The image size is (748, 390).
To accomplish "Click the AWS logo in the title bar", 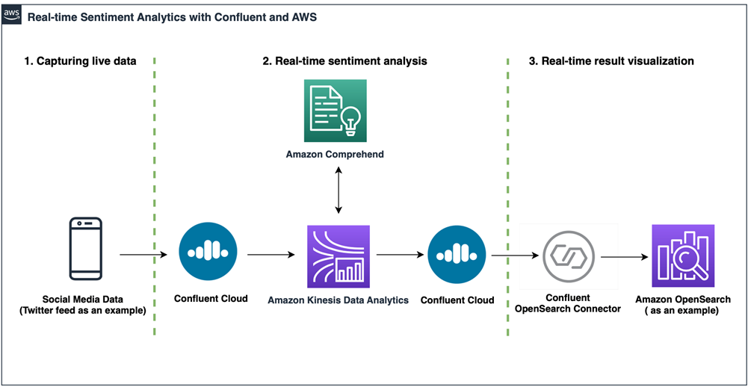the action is tap(11, 15).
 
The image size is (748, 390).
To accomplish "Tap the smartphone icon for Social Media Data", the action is tap(86, 248).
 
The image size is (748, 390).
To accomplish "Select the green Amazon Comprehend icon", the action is tap(336, 111).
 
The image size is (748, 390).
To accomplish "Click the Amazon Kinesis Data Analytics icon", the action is tap(339, 256).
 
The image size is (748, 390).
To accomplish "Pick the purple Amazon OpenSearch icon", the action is tap(683, 256).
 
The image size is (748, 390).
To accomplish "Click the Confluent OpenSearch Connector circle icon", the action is tap(569, 256).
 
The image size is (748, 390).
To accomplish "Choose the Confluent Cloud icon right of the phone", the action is tap(208, 251).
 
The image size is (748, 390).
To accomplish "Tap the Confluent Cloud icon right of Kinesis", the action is tap(457, 255).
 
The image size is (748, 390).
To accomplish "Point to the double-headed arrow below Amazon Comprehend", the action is tap(339, 190).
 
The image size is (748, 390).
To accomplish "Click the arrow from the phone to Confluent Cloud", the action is tap(143, 255).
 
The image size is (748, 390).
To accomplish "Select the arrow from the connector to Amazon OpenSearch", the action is tap(625, 257).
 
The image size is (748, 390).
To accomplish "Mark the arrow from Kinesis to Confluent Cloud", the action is tap(401, 255).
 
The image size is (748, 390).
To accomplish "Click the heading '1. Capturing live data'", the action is tap(80, 61).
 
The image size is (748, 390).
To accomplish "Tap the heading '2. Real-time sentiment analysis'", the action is tap(345, 61).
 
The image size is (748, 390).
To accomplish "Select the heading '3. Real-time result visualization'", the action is tap(611, 61).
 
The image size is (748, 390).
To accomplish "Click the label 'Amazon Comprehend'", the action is tap(335, 155).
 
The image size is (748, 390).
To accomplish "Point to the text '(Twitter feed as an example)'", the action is tap(82, 311).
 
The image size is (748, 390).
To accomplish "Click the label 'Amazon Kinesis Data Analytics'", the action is tap(339, 300).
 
